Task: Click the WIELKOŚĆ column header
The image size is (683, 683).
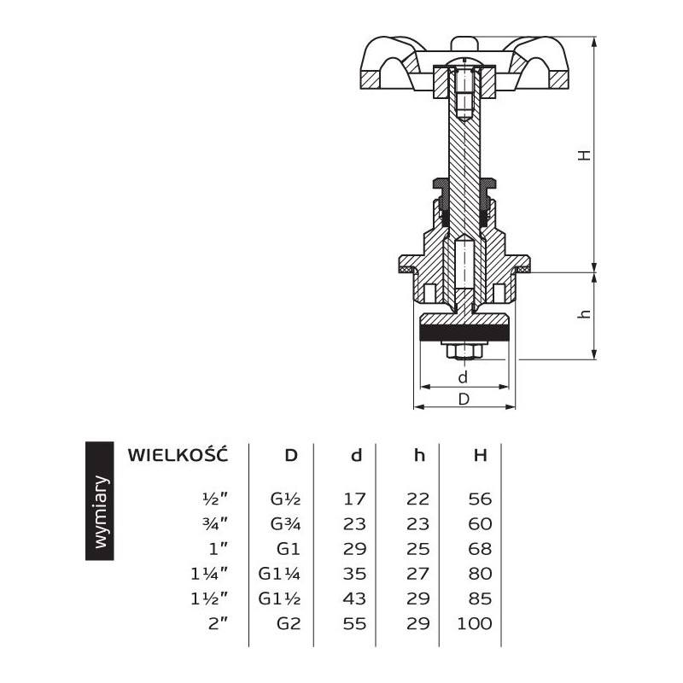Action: click(x=177, y=454)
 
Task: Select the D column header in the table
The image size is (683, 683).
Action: click(x=291, y=455)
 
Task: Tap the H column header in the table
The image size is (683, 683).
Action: click(x=481, y=455)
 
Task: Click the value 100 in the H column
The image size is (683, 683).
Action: click(x=476, y=623)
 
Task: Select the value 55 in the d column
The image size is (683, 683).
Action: click(x=354, y=623)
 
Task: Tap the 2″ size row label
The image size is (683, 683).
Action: click(x=219, y=623)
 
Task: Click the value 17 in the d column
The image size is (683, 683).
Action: click(x=354, y=499)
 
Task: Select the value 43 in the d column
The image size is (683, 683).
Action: click(x=354, y=598)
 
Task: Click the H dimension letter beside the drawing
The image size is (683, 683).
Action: click(x=583, y=155)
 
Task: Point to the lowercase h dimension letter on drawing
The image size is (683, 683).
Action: click(x=584, y=314)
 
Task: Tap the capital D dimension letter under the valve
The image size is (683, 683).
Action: click(x=464, y=400)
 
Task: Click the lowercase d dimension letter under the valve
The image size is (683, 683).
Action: click(x=464, y=377)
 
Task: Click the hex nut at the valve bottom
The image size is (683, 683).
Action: click(x=464, y=351)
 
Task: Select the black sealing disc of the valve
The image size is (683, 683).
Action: click(x=464, y=328)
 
